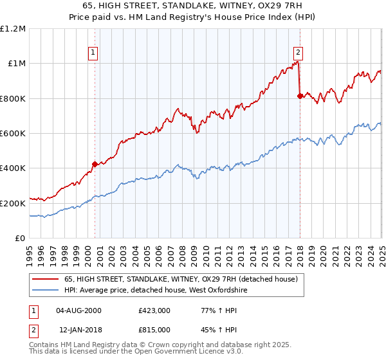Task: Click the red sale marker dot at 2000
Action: (x=95, y=164)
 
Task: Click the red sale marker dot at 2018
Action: (x=300, y=96)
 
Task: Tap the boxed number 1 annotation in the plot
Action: (x=94, y=53)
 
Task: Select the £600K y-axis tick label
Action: (x=13, y=134)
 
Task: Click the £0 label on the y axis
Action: (x=20, y=239)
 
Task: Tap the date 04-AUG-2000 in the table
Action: (x=79, y=310)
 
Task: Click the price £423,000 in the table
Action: (x=154, y=310)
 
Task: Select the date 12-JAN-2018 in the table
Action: (x=78, y=330)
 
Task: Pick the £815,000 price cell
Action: (x=154, y=330)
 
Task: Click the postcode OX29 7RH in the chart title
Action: (x=285, y=6)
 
